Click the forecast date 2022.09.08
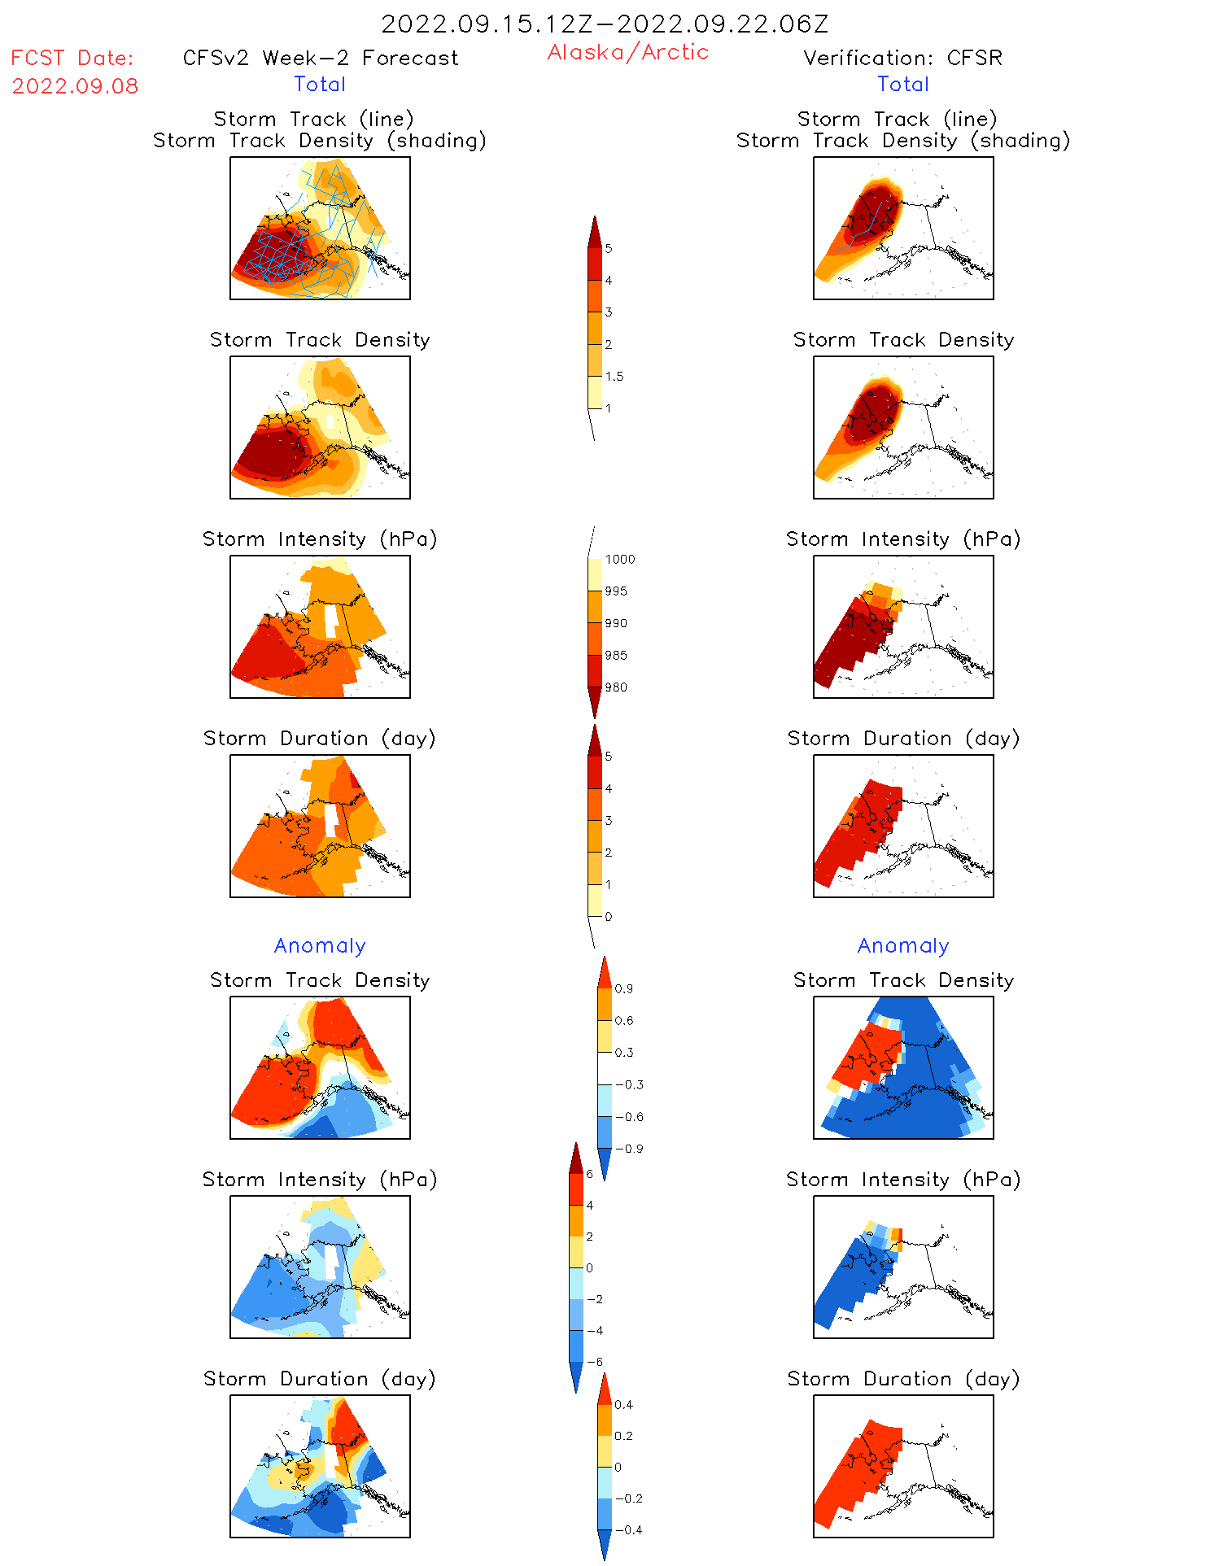pyautogui.click(x=75, y=86)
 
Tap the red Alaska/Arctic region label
pyautogui.click(x=627, y=52)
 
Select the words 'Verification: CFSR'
pyautogui.click(x=902, y=58)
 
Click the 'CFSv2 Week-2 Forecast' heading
pyautogui.click(x=321, y=58)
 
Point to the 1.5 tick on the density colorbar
pyautogui.click(x=614, y=377)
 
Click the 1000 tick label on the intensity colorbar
pyautogui.click(x=620, y=560)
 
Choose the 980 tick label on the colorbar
pyautogui.click(x=616, y=687)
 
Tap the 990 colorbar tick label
pyautogui.click(x=616, y=623)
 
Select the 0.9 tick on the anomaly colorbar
pyautogui.click(x=623, y=989)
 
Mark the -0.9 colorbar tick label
pyautogui.click(x=629, y=1149)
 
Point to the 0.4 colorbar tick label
pyautogui.click(x=623, y=1405)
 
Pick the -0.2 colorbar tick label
pyautogui.click(x=629, y=1498)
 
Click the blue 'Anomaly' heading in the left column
pyautogui.click(x=320, y=945)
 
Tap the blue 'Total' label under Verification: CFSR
pyautogui.click(x=903, y=84)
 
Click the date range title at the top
pyautogui.click(x=605, y=24)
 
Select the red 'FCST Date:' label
pyautogui.click(x=72, y=58)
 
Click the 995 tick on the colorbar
pyautogui.click(x=616, y=591)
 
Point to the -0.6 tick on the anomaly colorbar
pyautogui.click(x=629, y=1117)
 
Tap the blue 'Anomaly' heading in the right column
pyautogui.click(x=903, y=945)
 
